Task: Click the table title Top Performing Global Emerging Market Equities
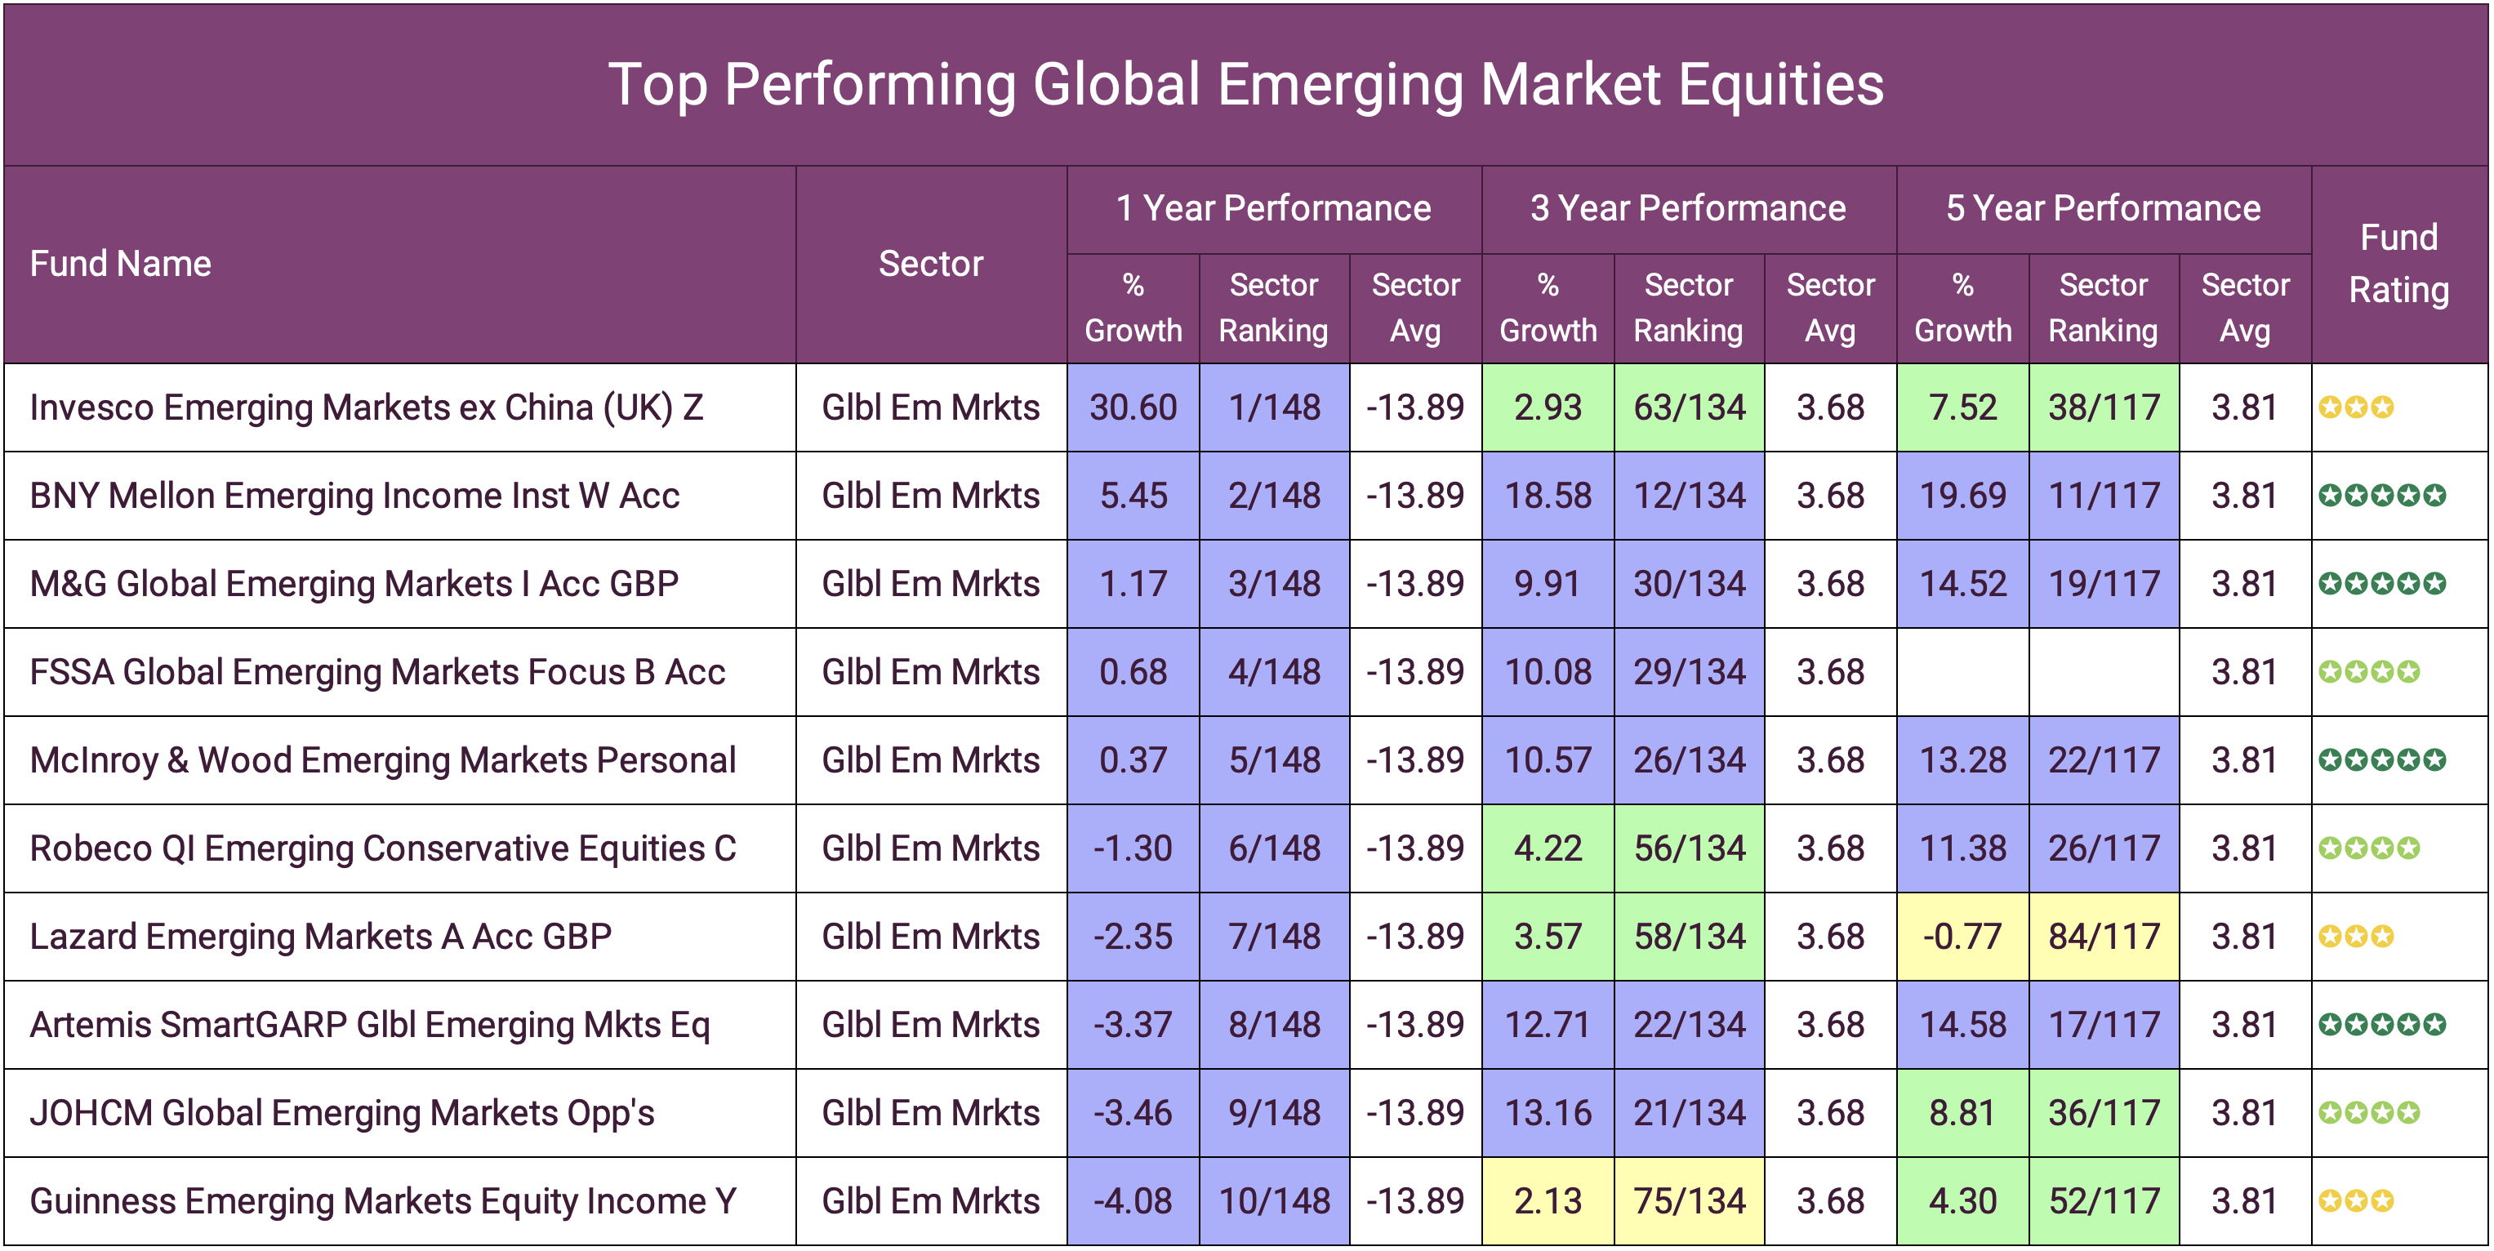(1246, 84)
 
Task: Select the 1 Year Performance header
(1273, 208)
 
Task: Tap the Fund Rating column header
(2398, 264)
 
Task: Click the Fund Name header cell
(121, 264)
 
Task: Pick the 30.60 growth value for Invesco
(1133, 407)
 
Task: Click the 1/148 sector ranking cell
(1274, 407)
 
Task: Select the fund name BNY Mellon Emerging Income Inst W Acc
(354, 496)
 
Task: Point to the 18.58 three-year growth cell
(1548, 496)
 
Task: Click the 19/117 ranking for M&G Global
(2103, 584)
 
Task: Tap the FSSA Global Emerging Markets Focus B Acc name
(377, 672)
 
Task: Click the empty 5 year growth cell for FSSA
(1962, 672)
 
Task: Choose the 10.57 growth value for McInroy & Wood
(1548, 760)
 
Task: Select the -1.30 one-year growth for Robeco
(1133, 848)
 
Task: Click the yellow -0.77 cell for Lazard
(1962, 937)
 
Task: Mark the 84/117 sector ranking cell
(2103, 937)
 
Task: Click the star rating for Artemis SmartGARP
(2381, 1025)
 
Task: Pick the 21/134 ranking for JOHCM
(1689, 1112)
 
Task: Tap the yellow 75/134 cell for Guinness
(1689, 1200)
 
